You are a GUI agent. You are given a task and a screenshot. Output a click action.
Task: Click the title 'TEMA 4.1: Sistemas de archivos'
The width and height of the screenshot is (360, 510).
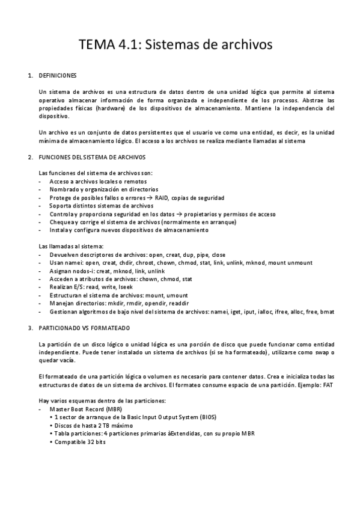[177, 45]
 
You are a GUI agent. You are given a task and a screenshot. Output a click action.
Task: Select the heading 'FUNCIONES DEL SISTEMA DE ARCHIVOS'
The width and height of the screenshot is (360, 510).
[91, 157]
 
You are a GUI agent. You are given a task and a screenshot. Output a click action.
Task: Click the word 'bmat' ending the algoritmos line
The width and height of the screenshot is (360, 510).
[328, 312]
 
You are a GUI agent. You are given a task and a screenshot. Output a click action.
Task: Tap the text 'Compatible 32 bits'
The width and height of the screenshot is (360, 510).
[80, 442]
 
